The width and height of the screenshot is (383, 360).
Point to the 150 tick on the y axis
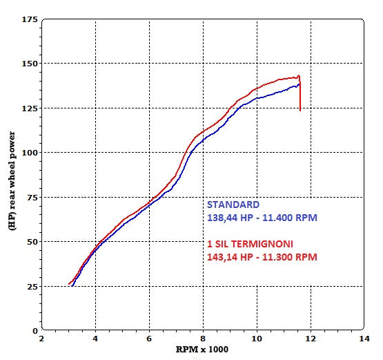[29, 64]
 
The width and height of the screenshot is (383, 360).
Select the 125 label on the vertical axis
[29, 108]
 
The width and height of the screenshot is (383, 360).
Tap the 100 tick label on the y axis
[29, 153]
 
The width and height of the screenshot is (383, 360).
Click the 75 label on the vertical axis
[31, 197]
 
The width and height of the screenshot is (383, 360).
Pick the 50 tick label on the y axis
[31, 242]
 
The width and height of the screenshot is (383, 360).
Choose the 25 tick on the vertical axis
[31, 286]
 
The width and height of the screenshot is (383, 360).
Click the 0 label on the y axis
[34, 331]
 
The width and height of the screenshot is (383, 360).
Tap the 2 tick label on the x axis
[42, 339]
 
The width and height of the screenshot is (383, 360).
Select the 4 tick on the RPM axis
[95, 339]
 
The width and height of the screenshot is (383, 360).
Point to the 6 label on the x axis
[149, 339]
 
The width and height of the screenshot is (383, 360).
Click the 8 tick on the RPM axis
[203, 339]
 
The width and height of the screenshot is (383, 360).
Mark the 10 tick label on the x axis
[257, 339]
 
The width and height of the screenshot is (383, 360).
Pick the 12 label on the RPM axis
[311, 339]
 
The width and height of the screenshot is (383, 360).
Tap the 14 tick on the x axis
[364, 339]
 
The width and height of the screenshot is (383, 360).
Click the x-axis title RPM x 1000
[201, 350]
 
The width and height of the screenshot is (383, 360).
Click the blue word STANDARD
[233, 205]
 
